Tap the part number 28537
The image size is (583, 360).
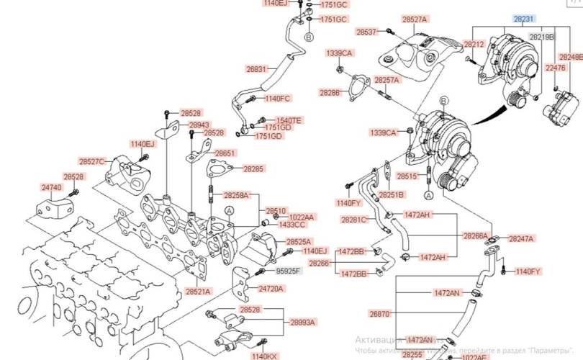[367, 32]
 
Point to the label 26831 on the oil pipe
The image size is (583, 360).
[257, 70]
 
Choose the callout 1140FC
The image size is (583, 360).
[277, 98]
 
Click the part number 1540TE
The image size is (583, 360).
[289, 120]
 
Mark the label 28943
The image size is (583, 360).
[179, 125]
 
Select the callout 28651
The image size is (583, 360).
[225, 153]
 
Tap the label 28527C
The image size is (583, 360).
[91, 162]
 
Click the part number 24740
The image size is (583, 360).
[50, 187]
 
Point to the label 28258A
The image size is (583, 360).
[236, 195]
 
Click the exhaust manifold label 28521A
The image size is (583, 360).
[197, 292]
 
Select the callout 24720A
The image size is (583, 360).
[271, 288]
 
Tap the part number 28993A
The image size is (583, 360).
[303, 323]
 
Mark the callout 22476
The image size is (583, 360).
[556, 68]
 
